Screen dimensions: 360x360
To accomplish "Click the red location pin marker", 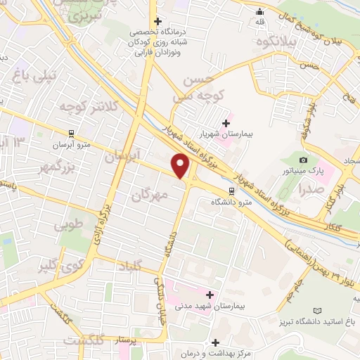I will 181,167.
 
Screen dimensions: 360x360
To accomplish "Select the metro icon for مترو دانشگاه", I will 232,191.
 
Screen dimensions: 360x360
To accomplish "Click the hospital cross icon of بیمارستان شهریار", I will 225,124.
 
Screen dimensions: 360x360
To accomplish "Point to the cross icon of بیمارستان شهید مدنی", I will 209,294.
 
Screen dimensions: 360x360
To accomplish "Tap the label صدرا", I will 309,188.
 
